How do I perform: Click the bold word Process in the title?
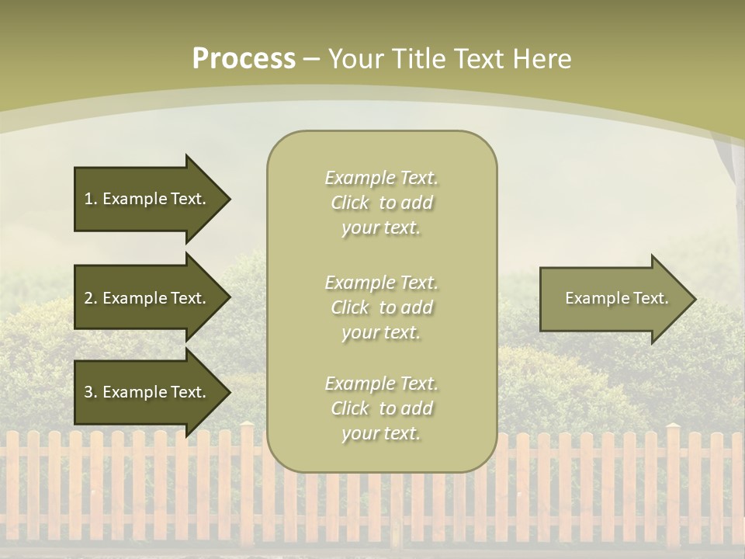pyautogui.click(x=244, y=58)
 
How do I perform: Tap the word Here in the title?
pyautogui.click(x=542, y=58)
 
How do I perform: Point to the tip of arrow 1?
pyautogui.click(x=228, y=199)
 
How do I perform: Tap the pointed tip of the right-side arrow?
pyautogui.click(x=694, y=299)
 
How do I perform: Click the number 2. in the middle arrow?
pyautogui.click(x=91, y=298)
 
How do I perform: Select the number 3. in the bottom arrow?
pyautogui.click(x=91, y=392)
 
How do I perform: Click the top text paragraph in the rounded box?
pyautogui.click(x=381, y=203)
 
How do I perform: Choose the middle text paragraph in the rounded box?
pyautogui.click(x=381, y=307)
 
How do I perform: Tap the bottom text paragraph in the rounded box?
pyautogui.click(x=381, y=408)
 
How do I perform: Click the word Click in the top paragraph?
pyautogui.click(x=350, y=203)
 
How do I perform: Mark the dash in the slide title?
pyautogui.click(x=312, y=59)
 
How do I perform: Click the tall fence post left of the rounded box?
pyautogui.click(x=247, y=481)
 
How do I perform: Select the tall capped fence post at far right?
pyautogui.click(x=673, y=481)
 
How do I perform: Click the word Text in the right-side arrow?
pyautogui.click(x=651, y=298)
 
